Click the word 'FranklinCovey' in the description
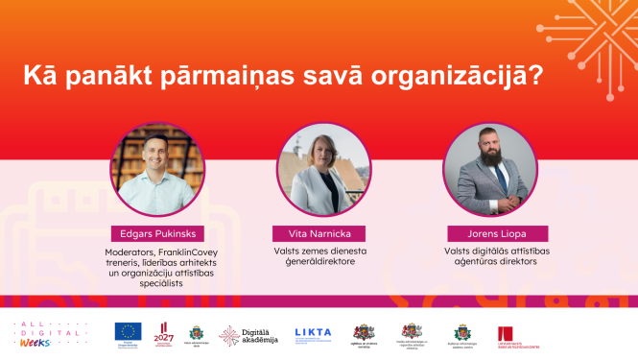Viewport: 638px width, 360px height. click(191, 252)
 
